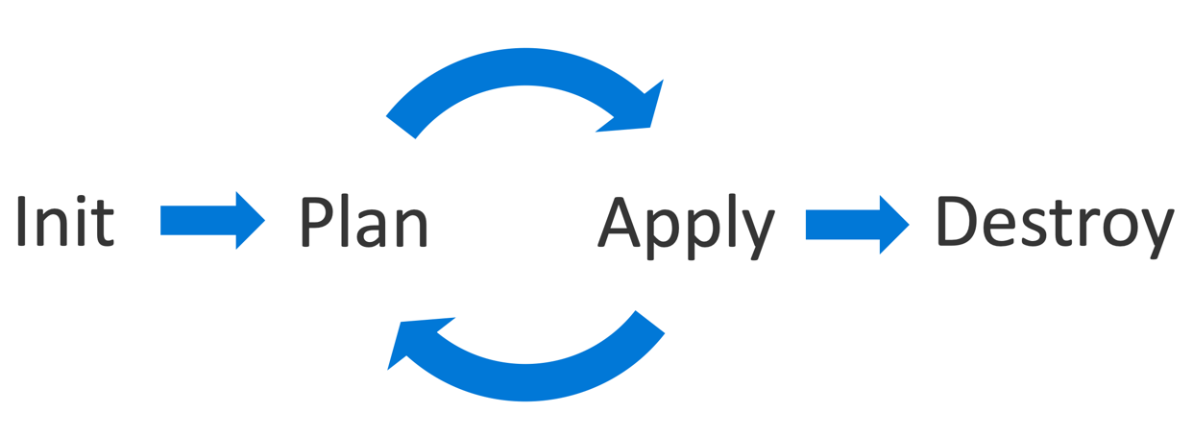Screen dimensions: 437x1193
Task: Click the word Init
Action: (65, 221)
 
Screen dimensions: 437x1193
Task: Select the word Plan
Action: (363, 222)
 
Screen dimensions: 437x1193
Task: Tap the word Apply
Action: (686, 227)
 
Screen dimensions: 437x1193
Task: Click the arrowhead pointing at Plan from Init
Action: (248, 220)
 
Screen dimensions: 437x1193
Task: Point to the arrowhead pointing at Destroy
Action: (892, 224)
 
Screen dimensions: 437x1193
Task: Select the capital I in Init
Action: (21, 221)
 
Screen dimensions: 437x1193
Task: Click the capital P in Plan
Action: (314, 221)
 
